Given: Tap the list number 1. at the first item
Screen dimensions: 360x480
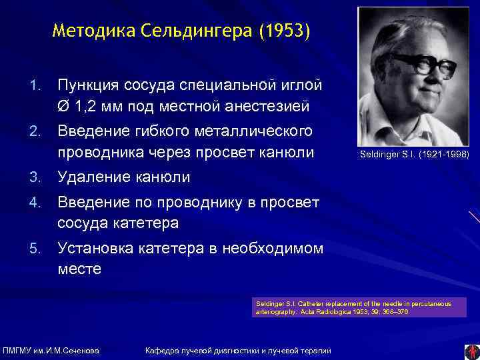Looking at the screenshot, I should (38, 85).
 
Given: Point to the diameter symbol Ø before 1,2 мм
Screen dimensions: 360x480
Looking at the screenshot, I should (63, 105).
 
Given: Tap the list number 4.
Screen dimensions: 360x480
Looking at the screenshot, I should (38, 202).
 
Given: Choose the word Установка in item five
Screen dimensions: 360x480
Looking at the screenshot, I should (95, 249).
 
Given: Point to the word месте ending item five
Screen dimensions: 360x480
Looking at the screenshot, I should (79, 269).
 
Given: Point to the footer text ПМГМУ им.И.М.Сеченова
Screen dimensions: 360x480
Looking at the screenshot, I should (51, 351).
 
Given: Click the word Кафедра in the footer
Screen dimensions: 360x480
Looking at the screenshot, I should (163, 351).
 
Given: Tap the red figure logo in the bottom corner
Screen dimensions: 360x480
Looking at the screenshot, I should (471, 351).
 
